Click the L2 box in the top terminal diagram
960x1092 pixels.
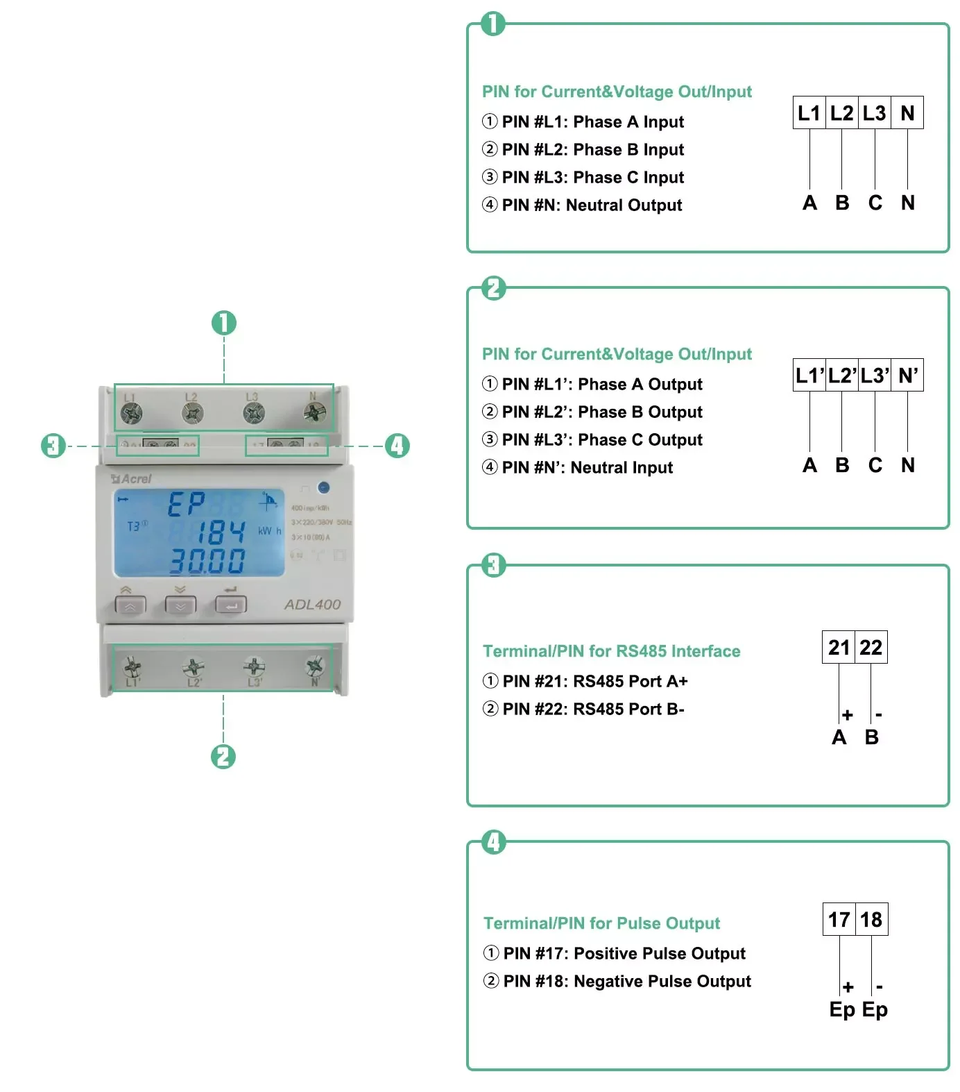(841, 112)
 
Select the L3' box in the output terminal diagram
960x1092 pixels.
(874, 376)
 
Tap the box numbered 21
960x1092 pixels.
(839, 647)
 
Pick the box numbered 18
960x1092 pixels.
(871, 919)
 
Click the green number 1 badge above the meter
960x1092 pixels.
(223, 323)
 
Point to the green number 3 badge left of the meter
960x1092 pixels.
(53, 446)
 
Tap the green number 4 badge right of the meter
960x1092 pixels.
(397, 446)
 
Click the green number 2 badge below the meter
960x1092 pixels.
(223, 756)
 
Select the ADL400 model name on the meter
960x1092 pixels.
(312, 605)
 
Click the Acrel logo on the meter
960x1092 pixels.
(132, 478)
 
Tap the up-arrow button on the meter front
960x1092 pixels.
(130, 605)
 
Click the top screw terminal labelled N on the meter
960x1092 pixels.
(314, 413)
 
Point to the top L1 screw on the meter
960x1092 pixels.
(131, 414)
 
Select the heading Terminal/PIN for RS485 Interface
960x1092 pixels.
(611, 651)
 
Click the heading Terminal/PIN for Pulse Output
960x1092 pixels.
(601, 923)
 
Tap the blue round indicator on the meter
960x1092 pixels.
(323, 487)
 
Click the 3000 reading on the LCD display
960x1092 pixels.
(207, 561)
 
